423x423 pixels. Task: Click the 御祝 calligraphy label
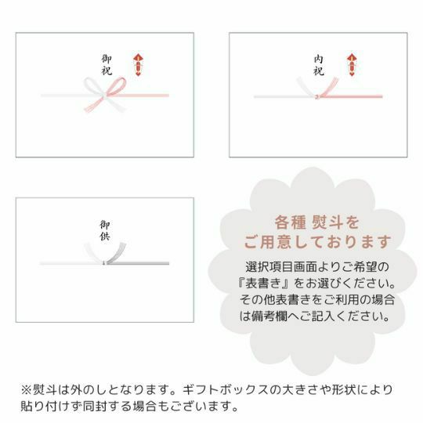(x=107, y=65)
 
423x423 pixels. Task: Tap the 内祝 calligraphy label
(x=319, y=65)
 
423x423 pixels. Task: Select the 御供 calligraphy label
(x=105, y=230)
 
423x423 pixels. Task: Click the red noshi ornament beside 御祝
(x=138, y=65)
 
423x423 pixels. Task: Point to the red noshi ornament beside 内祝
(x=352, y=65)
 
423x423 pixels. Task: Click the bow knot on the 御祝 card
(x=104, y=95)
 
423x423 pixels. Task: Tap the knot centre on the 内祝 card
(x=317, y=96)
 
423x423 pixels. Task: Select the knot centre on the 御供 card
(x=103, y=262)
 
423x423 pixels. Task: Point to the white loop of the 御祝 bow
(x=92, y=86)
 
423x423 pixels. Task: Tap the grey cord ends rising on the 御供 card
(x=117, y=253)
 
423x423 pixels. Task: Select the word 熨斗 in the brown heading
(x=327, y=222)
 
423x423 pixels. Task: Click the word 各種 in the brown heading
(x=291, y=222)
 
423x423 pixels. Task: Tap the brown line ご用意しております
(x=317, y=242)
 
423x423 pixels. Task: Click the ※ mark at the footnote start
(x=26, y=390)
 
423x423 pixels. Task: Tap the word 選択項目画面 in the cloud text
(x=281, y=267)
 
